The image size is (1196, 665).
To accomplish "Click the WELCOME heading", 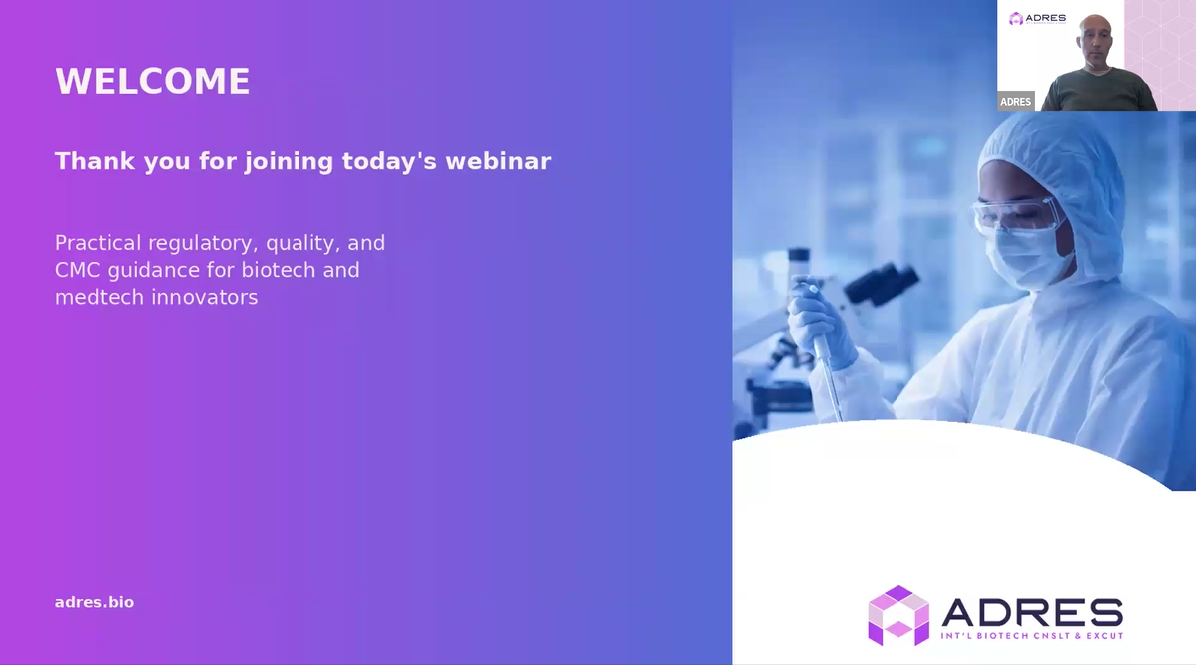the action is [153, 82].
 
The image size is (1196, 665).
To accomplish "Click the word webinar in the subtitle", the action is [498, 161].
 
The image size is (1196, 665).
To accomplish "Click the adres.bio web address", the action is [94, 602].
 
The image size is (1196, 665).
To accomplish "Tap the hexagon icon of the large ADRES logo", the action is [898, 615].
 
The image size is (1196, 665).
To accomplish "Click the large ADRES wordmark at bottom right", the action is [1032, 612].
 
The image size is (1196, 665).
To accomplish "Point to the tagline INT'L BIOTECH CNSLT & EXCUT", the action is [1032, 636].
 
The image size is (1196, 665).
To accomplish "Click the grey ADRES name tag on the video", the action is [1016, 102].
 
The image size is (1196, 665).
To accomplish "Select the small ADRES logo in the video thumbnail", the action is [1037, 18].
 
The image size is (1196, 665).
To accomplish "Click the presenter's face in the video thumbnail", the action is [1095, 39].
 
